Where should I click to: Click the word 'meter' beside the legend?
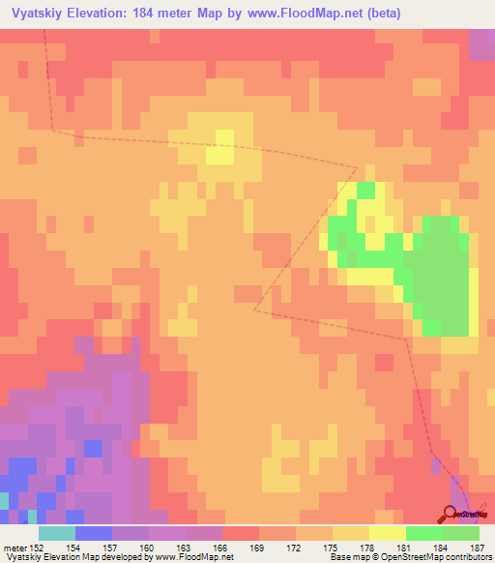tap(15, 548)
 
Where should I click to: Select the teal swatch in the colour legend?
tap(57, 533)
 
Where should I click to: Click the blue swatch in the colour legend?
tap(94, 533)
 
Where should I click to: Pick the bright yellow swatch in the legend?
tap(388, 533)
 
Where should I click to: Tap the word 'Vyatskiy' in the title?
tap(37, 14)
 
